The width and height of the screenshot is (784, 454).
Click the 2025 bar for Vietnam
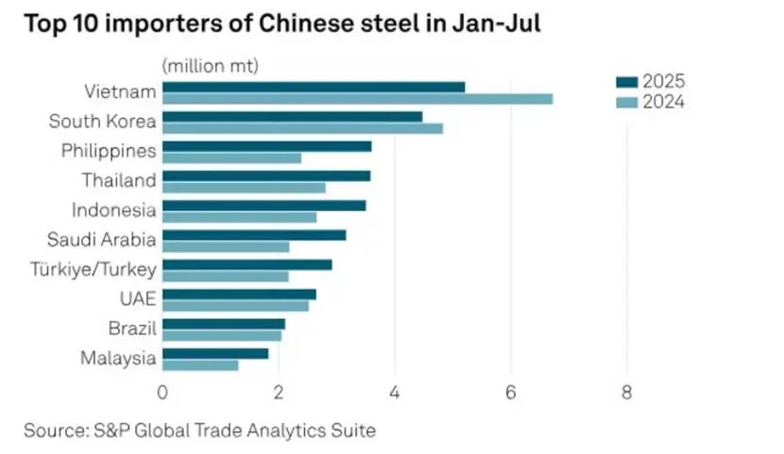314,87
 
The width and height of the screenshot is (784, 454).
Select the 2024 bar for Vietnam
357,99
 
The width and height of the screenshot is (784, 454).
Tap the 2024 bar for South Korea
302,128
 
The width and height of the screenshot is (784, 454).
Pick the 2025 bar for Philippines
267,146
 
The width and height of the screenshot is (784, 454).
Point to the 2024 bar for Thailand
244,188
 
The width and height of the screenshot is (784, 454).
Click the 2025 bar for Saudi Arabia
254,235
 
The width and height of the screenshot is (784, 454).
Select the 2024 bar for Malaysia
200,365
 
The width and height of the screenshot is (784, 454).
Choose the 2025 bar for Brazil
224,324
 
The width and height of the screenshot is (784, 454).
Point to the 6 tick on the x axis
511,391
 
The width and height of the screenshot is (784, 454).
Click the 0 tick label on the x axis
163,391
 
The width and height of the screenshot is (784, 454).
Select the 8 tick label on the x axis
626,391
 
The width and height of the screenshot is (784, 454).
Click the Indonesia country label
113,210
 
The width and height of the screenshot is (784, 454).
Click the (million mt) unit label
210,65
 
